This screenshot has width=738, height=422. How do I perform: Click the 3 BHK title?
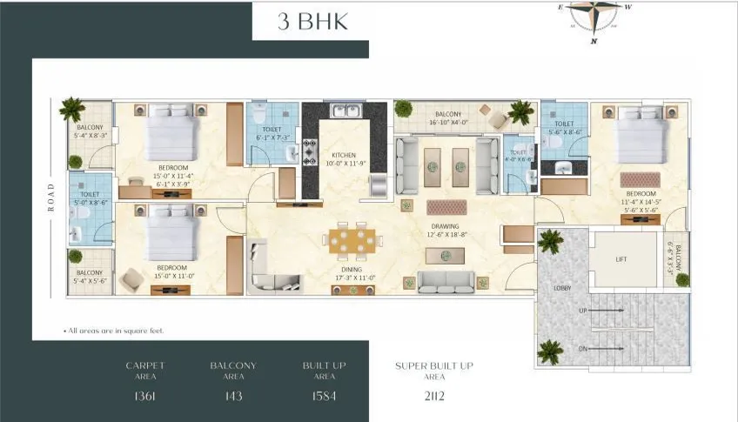[312, 22]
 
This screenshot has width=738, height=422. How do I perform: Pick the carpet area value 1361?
[144, 397]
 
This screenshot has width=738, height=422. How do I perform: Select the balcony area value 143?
[232, 397]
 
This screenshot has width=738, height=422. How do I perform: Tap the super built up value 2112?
[433, 397]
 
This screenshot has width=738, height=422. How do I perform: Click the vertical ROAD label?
[51, 197]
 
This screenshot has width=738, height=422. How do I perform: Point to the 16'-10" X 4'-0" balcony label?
[448, 118]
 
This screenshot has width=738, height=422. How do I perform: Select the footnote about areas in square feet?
[114, 332]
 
